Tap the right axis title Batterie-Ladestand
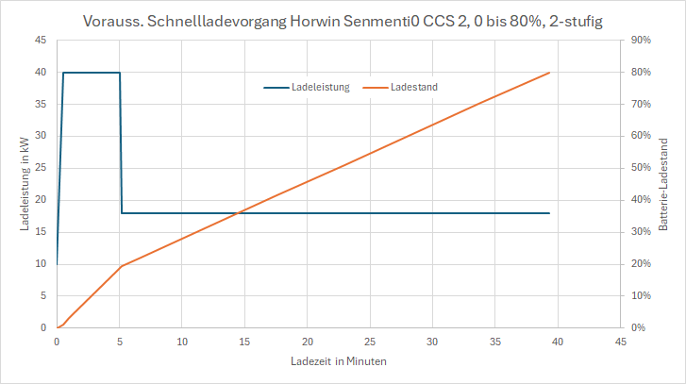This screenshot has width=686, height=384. [663, 184]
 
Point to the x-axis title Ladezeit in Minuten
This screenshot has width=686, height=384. [339, 361]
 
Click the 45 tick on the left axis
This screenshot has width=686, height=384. [41, 41]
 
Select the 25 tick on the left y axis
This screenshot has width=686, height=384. [41, 168]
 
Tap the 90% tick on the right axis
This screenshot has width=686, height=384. [641, 41]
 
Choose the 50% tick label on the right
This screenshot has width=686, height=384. [641, 168]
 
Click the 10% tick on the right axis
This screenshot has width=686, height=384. [641, 295]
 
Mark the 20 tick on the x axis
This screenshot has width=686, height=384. [308, 341]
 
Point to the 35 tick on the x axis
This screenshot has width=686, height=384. [495, 341]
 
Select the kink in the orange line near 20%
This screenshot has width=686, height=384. [121, 266]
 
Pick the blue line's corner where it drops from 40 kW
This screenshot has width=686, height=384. [120, 73]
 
